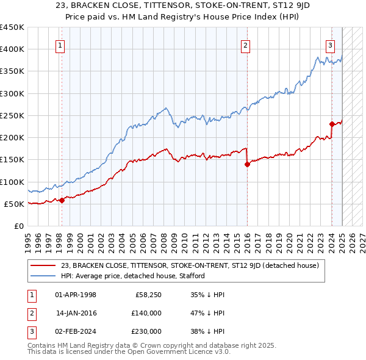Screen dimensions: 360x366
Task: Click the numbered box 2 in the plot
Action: (245, 45)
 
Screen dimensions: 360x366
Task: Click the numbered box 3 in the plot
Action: (330, 45)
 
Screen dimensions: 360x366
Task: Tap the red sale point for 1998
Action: (62, 200)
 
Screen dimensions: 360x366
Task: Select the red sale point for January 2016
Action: (247, 164)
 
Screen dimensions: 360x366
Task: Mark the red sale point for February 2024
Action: (331, 124)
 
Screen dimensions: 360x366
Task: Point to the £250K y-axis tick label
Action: (12, 115)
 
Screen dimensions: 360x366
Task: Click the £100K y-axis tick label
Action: (12, 182)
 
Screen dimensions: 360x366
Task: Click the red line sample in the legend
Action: (43, 265)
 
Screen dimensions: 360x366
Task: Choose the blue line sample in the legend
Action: (43, 276)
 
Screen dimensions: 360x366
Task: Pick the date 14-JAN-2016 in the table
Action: (76, 313)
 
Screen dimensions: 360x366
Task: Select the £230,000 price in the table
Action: (146, 331)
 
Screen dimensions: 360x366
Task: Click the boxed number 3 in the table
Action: (32, 331)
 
